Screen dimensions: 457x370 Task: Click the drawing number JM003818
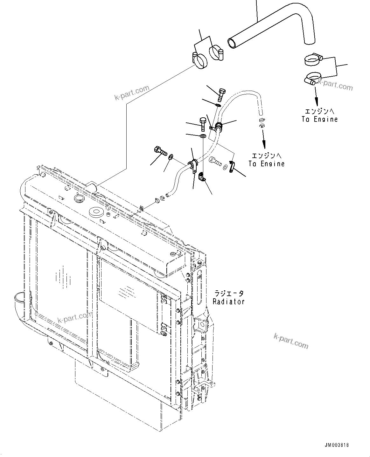coord(337,445)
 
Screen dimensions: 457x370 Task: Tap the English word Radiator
coord(228,301)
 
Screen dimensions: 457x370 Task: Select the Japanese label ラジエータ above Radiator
coord(228,293)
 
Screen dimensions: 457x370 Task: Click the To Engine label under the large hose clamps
coord(319,119)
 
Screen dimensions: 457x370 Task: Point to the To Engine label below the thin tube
coord(266,164)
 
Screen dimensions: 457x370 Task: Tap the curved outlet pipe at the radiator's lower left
coord(21,301)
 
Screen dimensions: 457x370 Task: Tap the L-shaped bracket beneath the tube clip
coord(201,177)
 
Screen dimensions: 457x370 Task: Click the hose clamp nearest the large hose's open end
coord(216,53)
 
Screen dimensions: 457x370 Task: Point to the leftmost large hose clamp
coord(199,60)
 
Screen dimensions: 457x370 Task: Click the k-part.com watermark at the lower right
coord(291,341)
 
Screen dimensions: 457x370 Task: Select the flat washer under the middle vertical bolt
coord(203,136)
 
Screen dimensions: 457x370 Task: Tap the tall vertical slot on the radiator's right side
coord(199,291)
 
